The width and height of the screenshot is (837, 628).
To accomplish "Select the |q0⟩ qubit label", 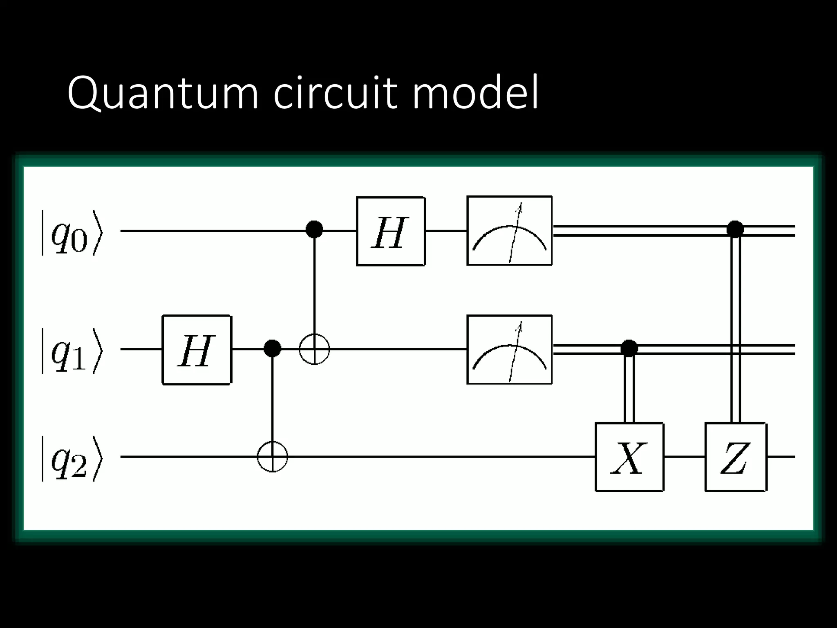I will pyautogui.click(x=72, y=233).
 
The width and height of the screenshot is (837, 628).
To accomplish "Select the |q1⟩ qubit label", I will pyautogui.click(x=72, y=351).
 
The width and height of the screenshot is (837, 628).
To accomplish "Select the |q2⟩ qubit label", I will pyautogui.click(x=72, y=458).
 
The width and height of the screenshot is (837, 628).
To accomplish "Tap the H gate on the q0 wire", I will pyautogui.click(x=390, y=231).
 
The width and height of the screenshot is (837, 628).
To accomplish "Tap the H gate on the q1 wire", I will pyautogui.click(x=197, y=350).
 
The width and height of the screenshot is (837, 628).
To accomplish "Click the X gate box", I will pyautogui.click(x=629, y=457).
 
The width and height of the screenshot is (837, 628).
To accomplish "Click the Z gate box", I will pyautogui.click(x=735, y=457).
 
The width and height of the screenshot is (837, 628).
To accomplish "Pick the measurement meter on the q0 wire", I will pyautogui.click(x=509, y=231).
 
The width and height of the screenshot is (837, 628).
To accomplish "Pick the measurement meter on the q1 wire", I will pyautogui.click(x=509, y=350).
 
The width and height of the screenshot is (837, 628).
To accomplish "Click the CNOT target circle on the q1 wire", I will pyautogui.click(x=314, y=349).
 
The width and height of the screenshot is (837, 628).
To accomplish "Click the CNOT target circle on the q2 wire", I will pyautogui.click(x=273, y=457).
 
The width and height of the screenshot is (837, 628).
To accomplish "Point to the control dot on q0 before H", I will pyautogui.click(x=314, y=229).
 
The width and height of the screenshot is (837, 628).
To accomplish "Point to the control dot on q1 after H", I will pyautogui.click(x=273, y=348).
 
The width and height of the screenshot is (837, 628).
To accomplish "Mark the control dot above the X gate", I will pyautogui.click(x=629, y=348).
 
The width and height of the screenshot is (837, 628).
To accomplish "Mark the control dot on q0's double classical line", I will pyautogui.click(x=735, y=229).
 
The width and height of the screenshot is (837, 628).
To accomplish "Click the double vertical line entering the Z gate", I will pyautogui.click(x=735, y=327).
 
